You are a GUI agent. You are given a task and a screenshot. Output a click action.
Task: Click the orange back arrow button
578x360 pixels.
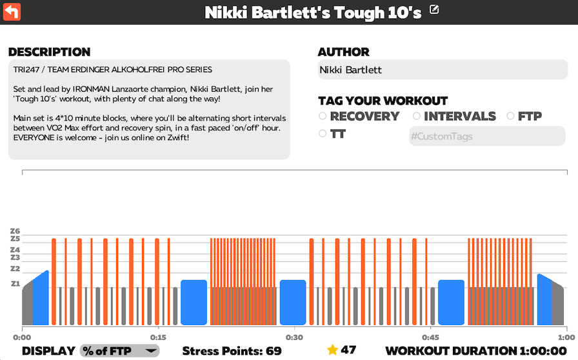12,12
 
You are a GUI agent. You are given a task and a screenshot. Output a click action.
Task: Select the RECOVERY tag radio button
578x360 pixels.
323,116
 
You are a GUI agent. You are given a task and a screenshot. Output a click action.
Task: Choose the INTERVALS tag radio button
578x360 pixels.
417,116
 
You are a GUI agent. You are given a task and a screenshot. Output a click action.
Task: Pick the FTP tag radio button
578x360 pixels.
510,116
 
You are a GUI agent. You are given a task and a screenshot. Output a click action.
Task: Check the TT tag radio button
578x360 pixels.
323,134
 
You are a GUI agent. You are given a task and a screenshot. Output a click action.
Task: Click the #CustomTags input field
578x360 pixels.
487,136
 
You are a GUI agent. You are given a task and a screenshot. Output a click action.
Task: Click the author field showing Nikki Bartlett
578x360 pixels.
442,70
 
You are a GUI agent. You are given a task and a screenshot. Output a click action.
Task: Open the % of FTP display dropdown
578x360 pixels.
119,351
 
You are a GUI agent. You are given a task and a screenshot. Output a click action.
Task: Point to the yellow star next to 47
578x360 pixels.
332,350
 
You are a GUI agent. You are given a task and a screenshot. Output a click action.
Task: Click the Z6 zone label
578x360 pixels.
15,231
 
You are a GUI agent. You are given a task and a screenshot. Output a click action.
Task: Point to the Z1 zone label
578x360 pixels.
15,284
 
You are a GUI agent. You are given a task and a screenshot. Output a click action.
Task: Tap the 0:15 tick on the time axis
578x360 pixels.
158,337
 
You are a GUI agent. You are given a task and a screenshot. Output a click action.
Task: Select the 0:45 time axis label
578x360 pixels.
430,337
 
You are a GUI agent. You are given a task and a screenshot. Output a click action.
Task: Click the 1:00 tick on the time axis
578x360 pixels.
566,337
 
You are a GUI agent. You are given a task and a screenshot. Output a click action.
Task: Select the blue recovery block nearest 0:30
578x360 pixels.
293,302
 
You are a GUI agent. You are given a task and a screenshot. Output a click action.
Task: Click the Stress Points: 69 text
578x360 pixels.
232,351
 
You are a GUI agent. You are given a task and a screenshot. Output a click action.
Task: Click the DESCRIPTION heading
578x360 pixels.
49,52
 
